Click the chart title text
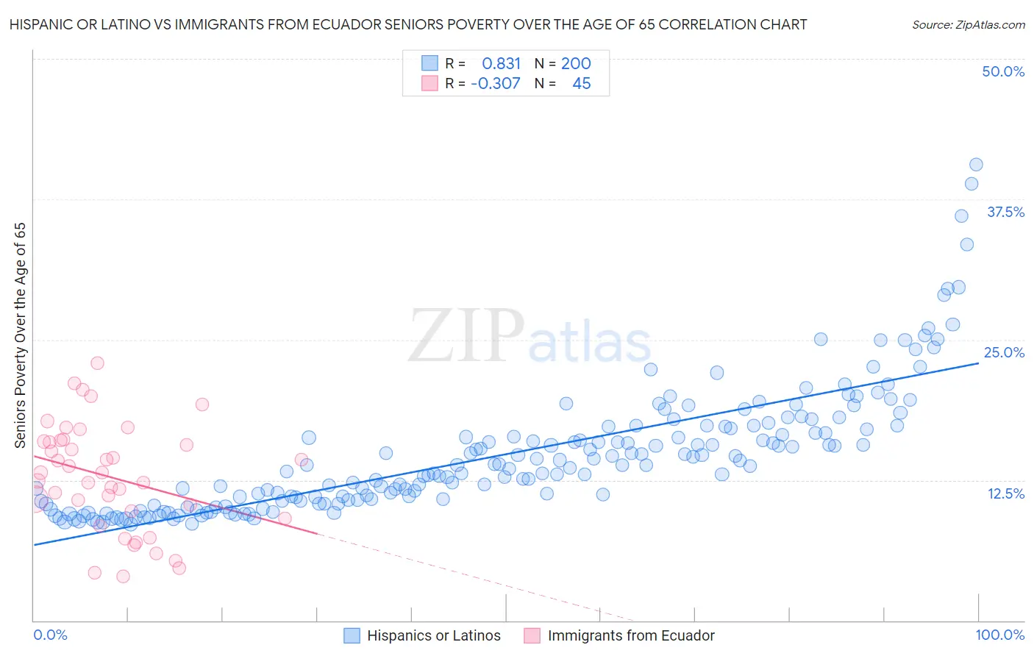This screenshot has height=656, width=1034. pyautogui.click(x=407, y=24)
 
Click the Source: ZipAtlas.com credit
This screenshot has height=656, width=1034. pyautogui.click(x=968, y=24)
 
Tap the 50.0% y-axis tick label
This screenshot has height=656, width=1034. pyautogui.click(x=1003, y=71)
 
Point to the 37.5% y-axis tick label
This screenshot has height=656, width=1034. pyautogui.click(x=1005, y=212)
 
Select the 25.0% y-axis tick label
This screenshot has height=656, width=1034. pyautogui.click(x=1004, y=352)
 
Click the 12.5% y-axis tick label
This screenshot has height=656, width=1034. pyautogui.click(x=1005, y=493)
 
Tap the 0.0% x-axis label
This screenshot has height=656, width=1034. pyautogui.click(x=51, y=635)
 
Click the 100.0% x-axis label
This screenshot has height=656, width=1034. pyautogui.click(x=1000, y=635)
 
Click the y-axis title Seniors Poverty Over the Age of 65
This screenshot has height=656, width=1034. pyautogui.click(x=21, y=335)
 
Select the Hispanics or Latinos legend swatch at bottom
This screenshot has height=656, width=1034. pyautogui.click(x=352, y=635)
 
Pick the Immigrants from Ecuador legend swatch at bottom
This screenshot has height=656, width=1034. pyautogui.click(x=532, y=635)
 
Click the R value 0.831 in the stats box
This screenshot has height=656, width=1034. pyautogui.click(x=501, y=64)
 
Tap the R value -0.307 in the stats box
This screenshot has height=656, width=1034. pyautogui.click(x=496, y=84)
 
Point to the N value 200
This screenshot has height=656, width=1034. pyautogui.click(x=576, y=64)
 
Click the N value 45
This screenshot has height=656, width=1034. pyautogui.click(x=581, y=84)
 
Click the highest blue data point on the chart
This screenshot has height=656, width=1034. pyautogui.click(x=976, y=165)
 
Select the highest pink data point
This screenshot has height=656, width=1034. pyautogui.click(x=97, y=363)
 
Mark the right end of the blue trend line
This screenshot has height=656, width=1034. pyautogui.click(x=979, y=363)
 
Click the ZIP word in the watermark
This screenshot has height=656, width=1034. pyautogui.click(x=466, y=336)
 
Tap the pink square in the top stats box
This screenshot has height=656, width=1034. pyautogui.click(x=429, y=83)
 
